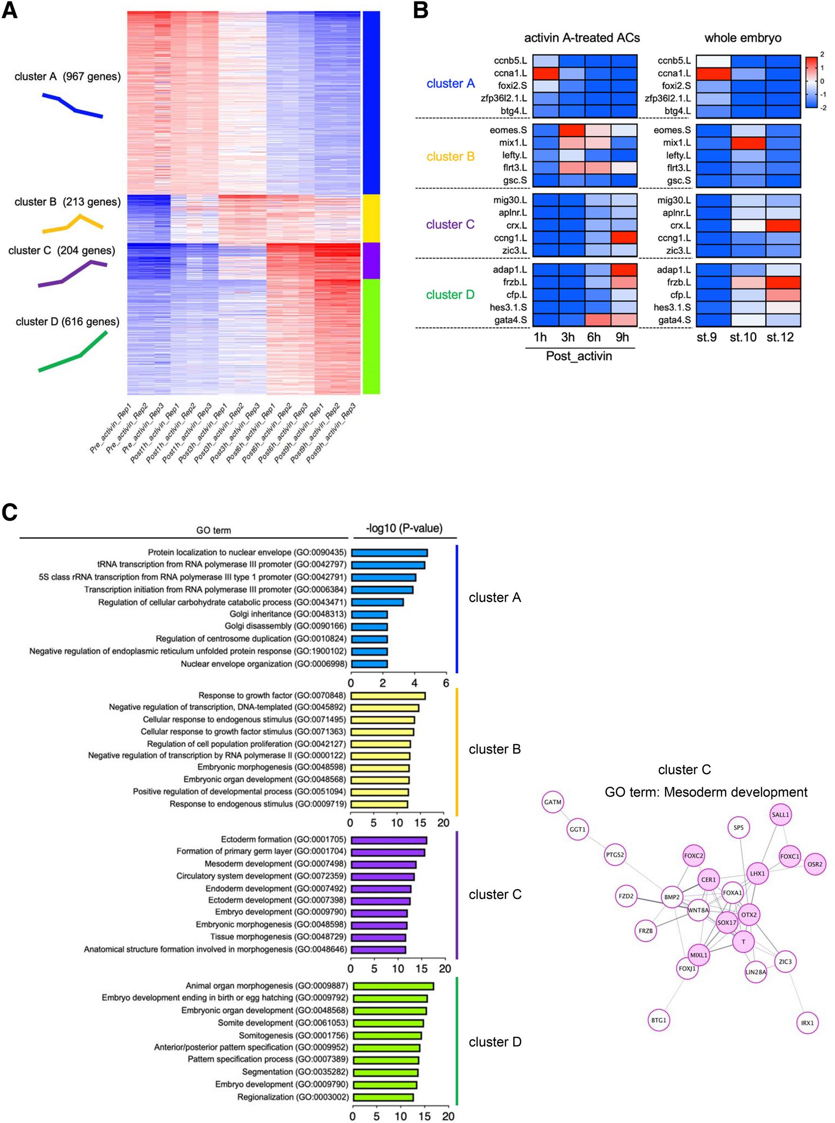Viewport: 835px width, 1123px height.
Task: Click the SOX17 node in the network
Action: point(727,923)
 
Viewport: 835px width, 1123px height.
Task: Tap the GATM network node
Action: point(552,802)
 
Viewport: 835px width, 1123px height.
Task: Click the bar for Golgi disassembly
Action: point(369,626)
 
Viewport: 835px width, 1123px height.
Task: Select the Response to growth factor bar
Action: point(388,696)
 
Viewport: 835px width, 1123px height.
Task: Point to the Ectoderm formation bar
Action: point(389,840)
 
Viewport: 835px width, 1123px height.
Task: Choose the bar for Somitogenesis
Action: point(387,1036)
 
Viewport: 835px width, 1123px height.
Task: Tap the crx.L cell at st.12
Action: point(783,225)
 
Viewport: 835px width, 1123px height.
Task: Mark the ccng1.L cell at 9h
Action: point(624,238)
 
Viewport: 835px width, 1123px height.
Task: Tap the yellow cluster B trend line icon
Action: point(73,224)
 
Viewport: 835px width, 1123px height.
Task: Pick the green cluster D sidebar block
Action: point(371,336)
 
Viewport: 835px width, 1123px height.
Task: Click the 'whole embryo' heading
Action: point(742,38)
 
